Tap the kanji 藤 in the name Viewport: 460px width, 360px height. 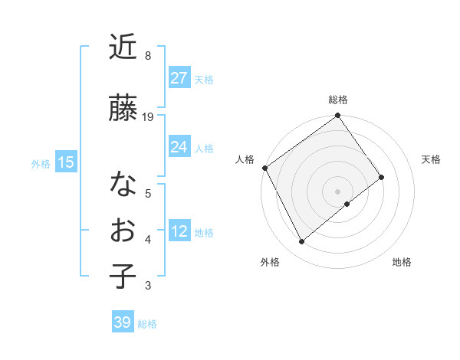pos(123,107)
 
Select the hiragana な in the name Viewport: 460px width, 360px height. pos(123,185)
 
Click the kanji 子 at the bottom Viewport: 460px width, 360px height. pos(123,277)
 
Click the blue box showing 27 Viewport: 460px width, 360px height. pos(179,77)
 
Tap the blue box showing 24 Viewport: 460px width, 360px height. pos(179,146)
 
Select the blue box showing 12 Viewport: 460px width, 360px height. pos(179,231)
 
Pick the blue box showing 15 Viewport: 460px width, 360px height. pos(65,162)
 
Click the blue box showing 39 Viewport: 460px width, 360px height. pos(122,322)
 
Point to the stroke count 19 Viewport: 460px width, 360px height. pos(148,117)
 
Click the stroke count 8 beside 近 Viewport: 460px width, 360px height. pos(147,57)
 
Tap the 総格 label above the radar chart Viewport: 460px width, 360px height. pos(337,100)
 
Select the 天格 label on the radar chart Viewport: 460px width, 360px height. pos(431,159)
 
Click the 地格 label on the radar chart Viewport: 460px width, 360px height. pos(402,262)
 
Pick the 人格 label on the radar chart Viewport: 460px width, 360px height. pos(245,159)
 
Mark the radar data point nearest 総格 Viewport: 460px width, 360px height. pos(337,116)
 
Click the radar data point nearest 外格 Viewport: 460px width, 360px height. pos(301,241)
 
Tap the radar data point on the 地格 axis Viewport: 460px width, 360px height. pos(347,204)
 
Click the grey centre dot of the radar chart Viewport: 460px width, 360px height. pos(337,191)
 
